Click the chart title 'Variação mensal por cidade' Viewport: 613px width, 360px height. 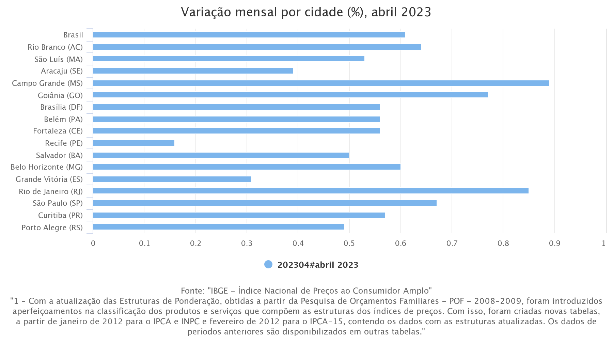306,12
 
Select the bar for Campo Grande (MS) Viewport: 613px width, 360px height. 321,83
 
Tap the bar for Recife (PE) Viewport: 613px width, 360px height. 133,143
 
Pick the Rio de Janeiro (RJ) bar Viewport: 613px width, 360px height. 311,191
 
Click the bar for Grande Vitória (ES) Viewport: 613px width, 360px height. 172,179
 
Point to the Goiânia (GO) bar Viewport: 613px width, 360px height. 290,95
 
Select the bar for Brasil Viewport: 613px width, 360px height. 249,35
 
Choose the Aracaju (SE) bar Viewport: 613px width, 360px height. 193,71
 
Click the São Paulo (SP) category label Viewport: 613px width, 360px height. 58,203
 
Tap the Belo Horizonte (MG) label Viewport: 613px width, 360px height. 47,167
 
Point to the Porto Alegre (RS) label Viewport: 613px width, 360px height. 52,228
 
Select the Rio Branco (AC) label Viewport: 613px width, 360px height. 55,47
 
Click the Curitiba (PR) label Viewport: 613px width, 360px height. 60,215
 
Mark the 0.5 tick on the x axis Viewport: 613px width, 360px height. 349,244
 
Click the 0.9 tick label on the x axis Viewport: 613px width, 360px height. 554,244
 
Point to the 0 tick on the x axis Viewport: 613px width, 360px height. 93,244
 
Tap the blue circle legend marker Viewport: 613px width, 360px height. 268,265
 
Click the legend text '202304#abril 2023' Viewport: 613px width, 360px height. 318,265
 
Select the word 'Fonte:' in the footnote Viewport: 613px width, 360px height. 193,291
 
